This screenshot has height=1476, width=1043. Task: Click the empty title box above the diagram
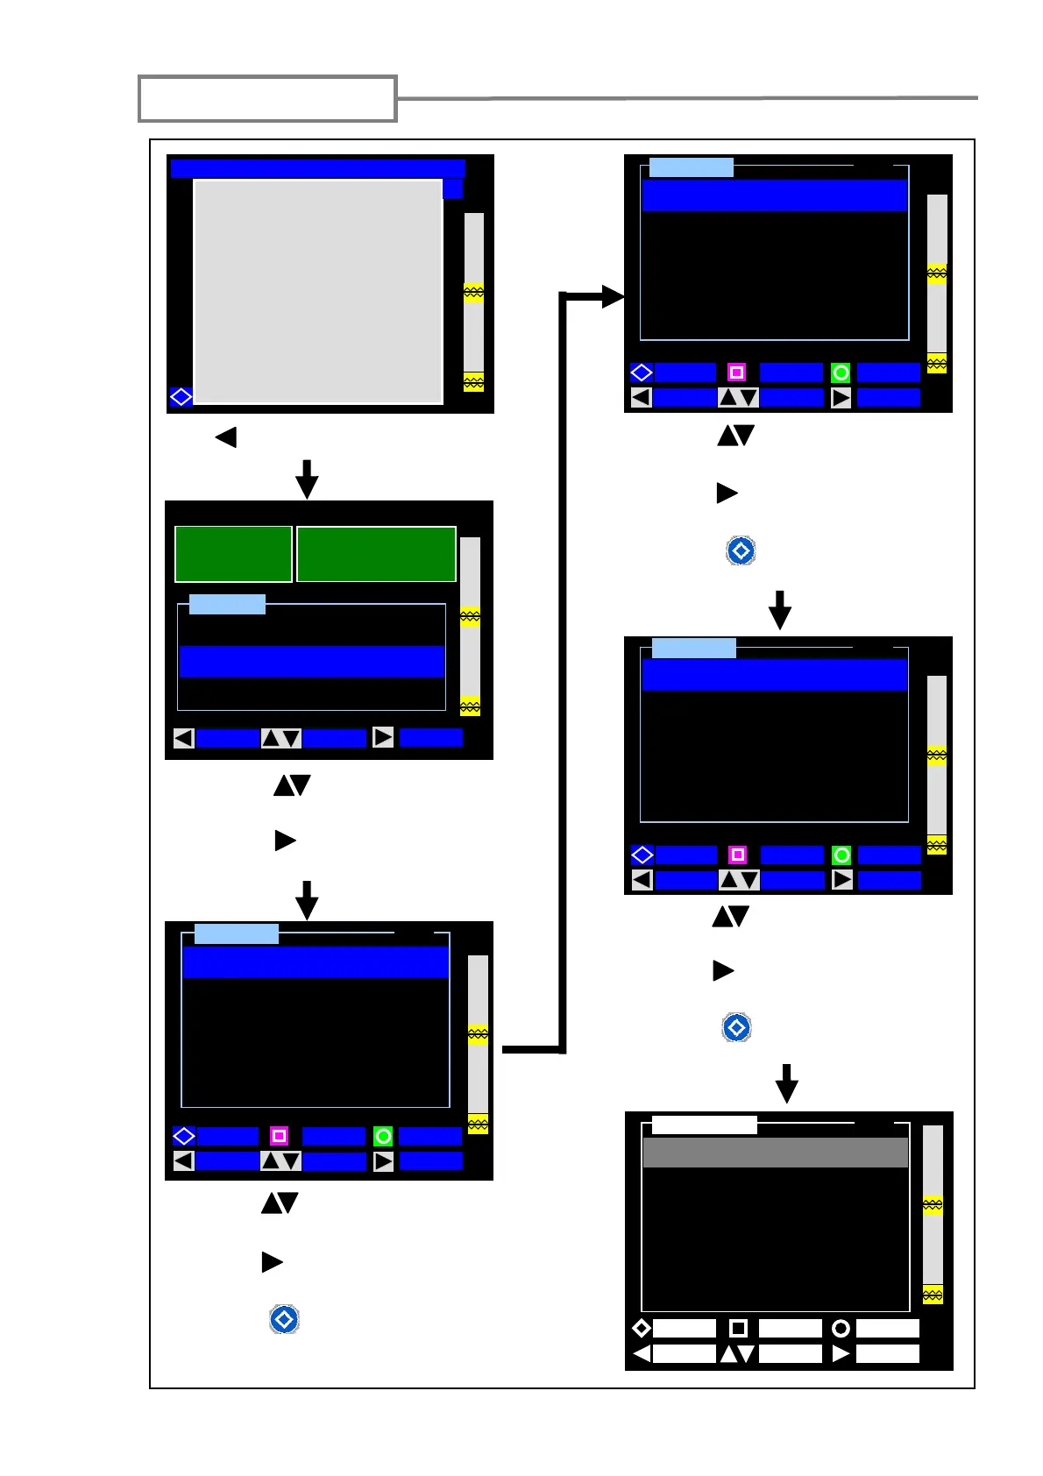tap(267, 98)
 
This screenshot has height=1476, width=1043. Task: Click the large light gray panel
tap(317, 291)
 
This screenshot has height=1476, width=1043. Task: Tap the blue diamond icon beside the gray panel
tap(181, 397)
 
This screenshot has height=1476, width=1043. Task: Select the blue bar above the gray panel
tap(317, 168)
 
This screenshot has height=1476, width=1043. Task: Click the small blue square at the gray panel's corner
tap(452, 188)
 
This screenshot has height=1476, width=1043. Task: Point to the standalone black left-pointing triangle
tap(226, 436)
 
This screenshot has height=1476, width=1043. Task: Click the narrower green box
tap(233, 554)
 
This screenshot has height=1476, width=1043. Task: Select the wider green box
tap(376, 554)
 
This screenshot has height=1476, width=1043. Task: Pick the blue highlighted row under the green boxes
tap(311, 662)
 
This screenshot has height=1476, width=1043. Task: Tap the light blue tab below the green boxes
tap(227, 604)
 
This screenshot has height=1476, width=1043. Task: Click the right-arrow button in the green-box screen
tap(383, 737)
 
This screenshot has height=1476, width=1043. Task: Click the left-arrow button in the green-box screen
tap(183, 738)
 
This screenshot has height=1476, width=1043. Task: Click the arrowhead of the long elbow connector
tap(613, 297)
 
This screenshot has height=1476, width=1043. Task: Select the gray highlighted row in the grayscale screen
tap(775, 1153)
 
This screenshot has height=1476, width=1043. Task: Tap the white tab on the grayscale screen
tap(704, 1125)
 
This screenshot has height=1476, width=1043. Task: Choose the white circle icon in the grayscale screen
tap(841, 1328)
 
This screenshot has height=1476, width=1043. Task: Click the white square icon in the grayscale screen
tap(738, 1328)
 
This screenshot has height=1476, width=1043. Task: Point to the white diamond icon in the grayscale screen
tap(642, 1328)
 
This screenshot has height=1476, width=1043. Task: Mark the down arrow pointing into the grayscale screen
tap(787, 1084)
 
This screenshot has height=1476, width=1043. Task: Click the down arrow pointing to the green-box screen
tap(307, 479)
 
